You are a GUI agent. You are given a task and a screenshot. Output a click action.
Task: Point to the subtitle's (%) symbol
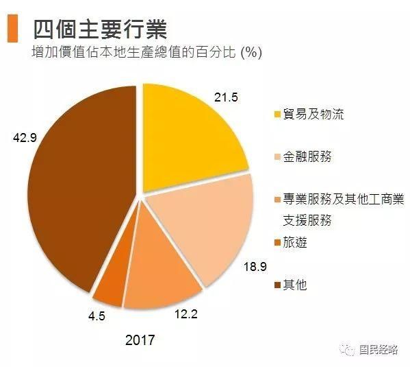pyautogui.click(x=249, y=52)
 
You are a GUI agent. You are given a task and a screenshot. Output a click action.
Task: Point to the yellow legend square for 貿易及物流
pyautogui.click(x=277, y=114)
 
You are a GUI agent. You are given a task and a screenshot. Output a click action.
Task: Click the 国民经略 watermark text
pyautogui.click(x=379, y=349)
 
